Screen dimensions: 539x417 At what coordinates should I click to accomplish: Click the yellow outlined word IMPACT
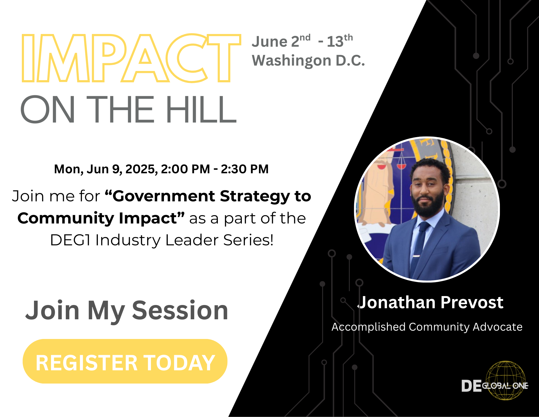click(131, 58)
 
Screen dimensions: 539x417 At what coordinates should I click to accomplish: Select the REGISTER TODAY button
click(125, 361)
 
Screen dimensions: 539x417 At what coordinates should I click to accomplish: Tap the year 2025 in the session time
click(141, 169)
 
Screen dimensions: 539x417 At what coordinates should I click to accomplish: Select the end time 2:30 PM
click(245, 169)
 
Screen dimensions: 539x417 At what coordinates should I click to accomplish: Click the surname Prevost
click(472, 302)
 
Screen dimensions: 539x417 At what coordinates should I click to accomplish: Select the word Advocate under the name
click(497, 327)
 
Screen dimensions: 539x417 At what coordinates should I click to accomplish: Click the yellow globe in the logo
click(506, 381)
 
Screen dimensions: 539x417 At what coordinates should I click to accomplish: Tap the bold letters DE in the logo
click(471, 386)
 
